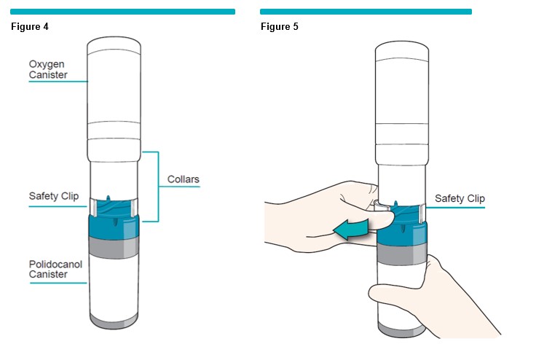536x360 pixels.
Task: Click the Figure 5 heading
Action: (x=280, y=27)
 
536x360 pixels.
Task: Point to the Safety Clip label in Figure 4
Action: (x=53, y=196)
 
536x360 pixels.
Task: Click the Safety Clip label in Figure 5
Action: (x=460, y=198)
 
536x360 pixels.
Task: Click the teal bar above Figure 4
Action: (x=122, y=12)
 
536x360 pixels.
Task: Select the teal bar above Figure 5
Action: (x=366, y=12)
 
